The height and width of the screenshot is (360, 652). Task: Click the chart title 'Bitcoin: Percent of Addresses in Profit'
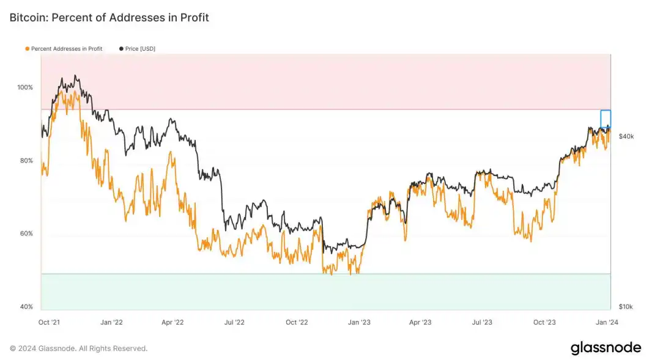click(109, 18)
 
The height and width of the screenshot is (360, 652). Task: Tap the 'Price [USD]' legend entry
click(140, 48)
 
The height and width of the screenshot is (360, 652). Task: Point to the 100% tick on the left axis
click(25, 87)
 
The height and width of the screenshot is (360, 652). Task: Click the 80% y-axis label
click(25, 161)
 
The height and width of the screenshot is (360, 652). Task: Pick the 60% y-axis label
click(25, 233)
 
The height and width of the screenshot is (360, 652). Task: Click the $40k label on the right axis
click(626, 136)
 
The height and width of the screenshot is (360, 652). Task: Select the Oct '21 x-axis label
click(48, 322)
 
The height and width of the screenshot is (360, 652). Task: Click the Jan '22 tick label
click(111, 322)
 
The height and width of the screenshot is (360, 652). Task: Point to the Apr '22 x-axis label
click(172, 322)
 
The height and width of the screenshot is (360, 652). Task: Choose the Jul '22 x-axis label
click(234, 322)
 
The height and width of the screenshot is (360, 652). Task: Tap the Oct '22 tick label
click(297, 322)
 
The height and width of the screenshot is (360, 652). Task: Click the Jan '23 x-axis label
click(359, 322)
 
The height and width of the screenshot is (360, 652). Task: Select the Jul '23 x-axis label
click(482, 322)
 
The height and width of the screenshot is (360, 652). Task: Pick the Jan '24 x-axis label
click(606, 322)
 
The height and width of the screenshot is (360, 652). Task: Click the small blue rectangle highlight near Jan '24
click(606, 119)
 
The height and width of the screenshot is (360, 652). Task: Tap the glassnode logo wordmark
click(606, 348)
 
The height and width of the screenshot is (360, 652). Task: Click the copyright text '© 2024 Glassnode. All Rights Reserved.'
click(78, 348)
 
